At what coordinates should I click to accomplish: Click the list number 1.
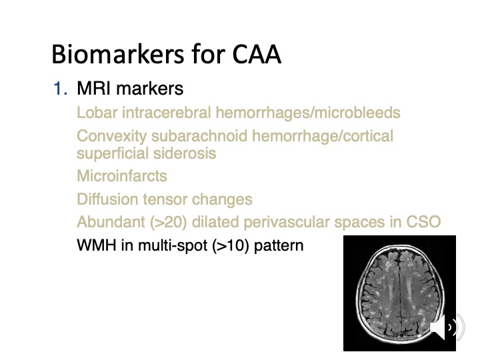coord(60,89)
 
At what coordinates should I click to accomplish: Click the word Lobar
coord(95,113)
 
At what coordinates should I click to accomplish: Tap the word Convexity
coord(111,137)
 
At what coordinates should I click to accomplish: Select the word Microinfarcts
coord(122,177)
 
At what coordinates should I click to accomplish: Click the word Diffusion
coord(105,199)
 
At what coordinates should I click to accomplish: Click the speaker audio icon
coord(442,328)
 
